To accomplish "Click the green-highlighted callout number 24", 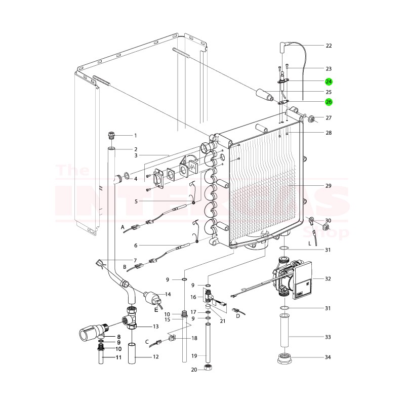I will (329, 82).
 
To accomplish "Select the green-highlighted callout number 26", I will (329, 102).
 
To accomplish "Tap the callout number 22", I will (329, 46).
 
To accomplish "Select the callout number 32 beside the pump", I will (329, 279).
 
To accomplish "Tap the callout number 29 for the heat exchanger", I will (329, 186).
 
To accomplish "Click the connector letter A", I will (123, 228).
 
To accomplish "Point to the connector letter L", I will (309, 244).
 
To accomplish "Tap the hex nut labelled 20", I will (207, 368).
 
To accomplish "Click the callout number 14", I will (168, 294).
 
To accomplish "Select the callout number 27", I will (329, 118).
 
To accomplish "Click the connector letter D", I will (237, 316).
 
